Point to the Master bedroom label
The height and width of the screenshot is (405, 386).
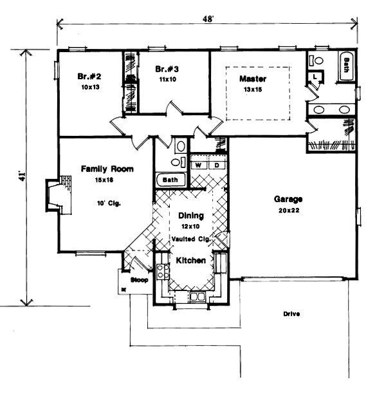[253, 79]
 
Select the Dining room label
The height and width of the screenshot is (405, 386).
[191, 216]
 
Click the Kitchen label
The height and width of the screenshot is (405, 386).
[191, 261]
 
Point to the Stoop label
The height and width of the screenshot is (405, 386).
[139, 281]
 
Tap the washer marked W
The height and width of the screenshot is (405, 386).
[199, 165]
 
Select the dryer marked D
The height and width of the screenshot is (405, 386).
[217, 165]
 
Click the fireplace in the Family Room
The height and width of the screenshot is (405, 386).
[55, 194]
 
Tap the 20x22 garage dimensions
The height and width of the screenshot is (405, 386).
[287, 211]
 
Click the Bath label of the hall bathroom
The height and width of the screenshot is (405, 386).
[170, 180]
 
